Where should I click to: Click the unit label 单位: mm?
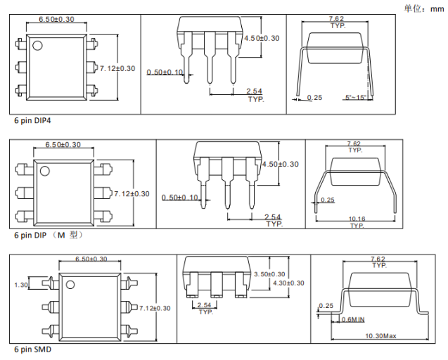point(423,8)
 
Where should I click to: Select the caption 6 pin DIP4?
point(32,120)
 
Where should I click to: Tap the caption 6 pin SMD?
point(32,349)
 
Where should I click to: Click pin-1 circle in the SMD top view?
point(70,284)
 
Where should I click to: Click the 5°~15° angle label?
point(357,97)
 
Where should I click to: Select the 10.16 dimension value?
point(357,219)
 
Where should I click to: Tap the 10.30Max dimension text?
point(382,337)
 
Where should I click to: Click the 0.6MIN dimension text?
point(353,320)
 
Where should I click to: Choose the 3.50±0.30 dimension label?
point(269,274)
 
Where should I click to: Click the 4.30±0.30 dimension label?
point(288,283)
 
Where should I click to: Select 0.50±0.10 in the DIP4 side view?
point(165,72)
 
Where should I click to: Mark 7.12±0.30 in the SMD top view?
point(156,308)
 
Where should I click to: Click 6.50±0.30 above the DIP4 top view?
point(56,19)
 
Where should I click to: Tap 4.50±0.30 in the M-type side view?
point(280,164)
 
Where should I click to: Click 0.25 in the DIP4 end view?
point(314,97)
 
